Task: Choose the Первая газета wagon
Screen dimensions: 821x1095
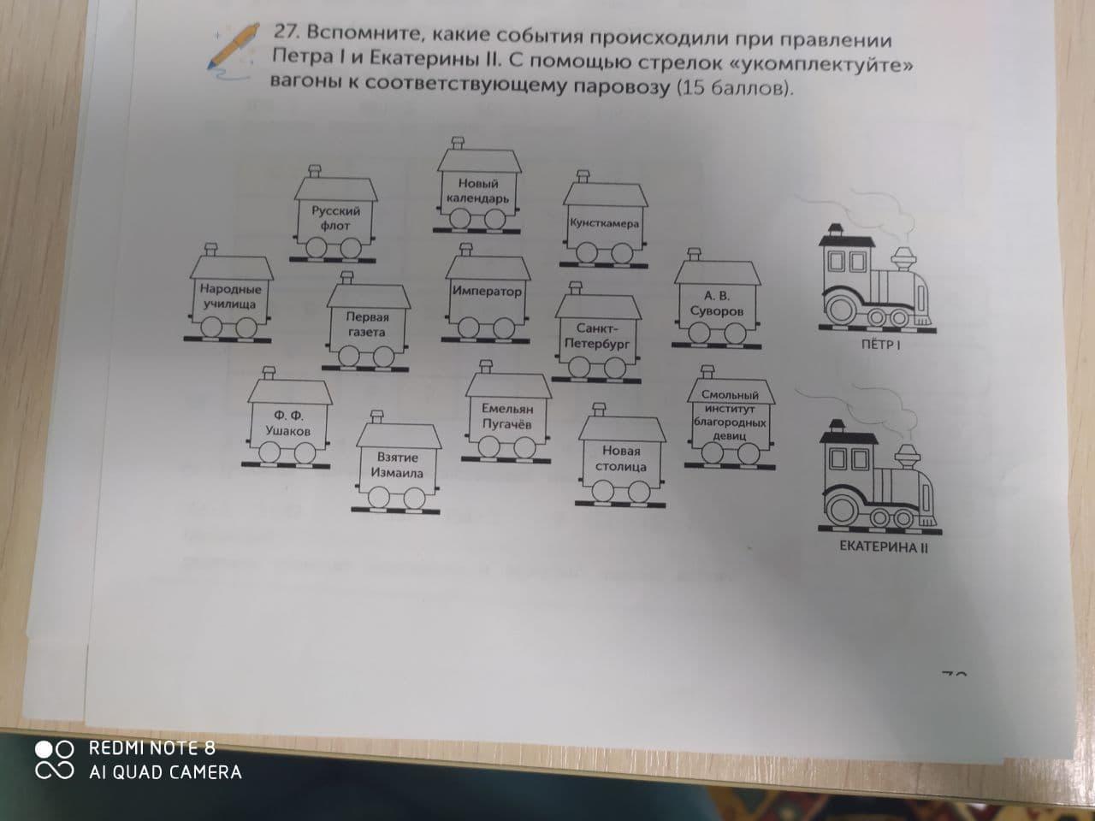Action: pos(366,323)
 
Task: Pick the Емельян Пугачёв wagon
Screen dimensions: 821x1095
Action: pos(506,415)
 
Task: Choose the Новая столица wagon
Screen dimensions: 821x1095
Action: pos(621,458)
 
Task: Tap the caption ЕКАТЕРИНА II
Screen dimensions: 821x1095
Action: pos(884,546)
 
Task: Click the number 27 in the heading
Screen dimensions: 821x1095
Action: pos(285,32)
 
